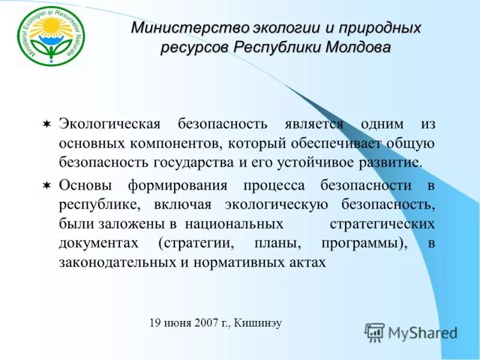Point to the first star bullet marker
pyautogui.click(x=47, y=124)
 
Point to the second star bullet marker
pyautogui.click(x=47, y=185)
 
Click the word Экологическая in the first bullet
pyautogui.click(x=110, y=124)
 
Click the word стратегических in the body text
pyautogui.click(x=382, y=224)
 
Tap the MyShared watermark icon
pyautogui.click(x=375, y=332)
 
